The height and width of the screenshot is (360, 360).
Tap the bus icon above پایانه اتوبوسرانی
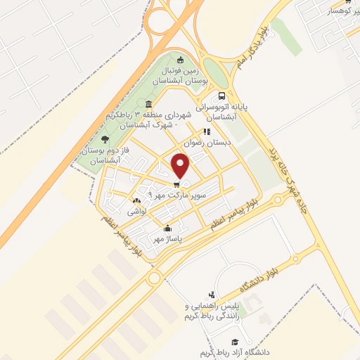222,96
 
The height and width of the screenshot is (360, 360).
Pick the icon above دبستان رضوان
207,131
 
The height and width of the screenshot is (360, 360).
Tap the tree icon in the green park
105,140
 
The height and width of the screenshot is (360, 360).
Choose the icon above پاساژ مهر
168,229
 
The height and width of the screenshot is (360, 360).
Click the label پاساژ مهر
169,239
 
